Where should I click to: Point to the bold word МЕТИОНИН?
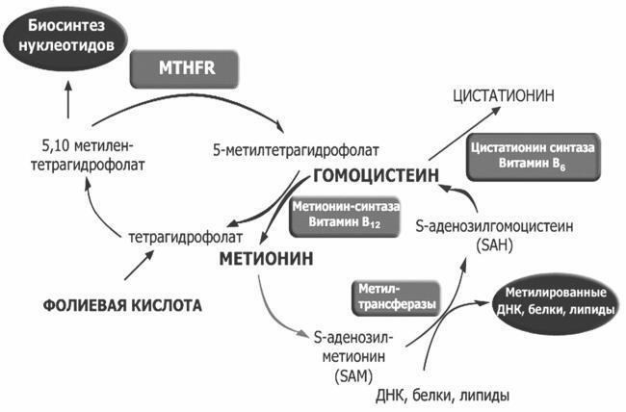(262, 258)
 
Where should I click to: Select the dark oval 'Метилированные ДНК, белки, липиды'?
(553, 301)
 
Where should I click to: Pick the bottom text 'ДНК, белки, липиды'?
(440, 395)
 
